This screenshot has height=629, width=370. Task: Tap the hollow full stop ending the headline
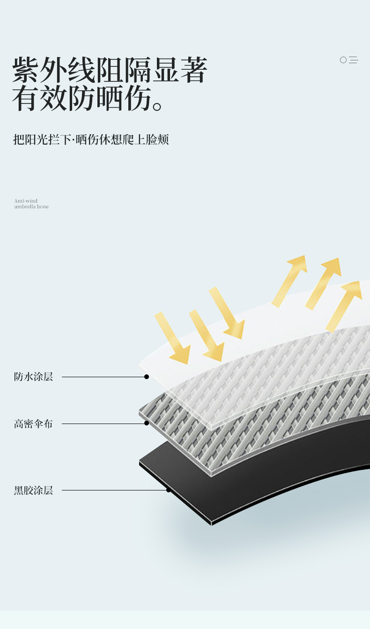click(157, 107)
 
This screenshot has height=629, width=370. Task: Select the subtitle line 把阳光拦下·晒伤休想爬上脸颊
click(91, 139)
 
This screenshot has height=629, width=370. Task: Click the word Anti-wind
click(26, 201)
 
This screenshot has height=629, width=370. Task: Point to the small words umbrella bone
click(31, 207)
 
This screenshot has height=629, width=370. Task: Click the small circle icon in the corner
click(343, 60)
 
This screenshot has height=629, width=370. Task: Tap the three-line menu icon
click(354, 60)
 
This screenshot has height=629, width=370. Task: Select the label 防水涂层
click(33, 377)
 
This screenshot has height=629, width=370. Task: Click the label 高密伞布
click(33, 424)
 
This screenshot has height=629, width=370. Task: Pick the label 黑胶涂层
click(33, 490)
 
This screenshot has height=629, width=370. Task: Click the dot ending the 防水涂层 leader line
click(147, 377)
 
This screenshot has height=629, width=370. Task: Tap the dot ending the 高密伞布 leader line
click(147, 423)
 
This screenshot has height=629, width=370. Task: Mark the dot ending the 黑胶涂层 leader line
click(169, 490)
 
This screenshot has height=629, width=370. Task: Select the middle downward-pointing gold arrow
click(207, 335)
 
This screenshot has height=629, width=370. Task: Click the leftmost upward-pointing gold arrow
click(289, 281)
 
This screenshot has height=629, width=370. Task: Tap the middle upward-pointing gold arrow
click(323, 283)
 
